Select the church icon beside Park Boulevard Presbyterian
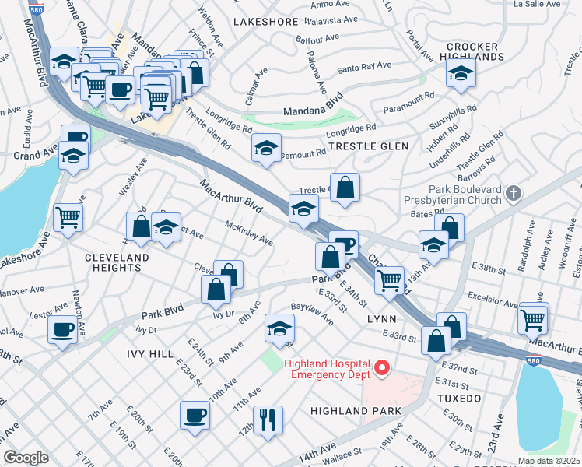click(x=513, y=192)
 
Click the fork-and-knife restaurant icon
click(x=268, y=419)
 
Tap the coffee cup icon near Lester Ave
click(x=63, y=328)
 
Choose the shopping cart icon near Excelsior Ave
click(x=534, y=317)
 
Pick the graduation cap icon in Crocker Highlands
click(x=461, y=75)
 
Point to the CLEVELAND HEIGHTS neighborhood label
click(x=117, y=262)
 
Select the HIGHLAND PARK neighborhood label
click(x=356, y=410)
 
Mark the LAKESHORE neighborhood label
click(x=265, y=22)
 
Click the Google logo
click(x=26, y=457)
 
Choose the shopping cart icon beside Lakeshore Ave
click(x=68, y=217)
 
